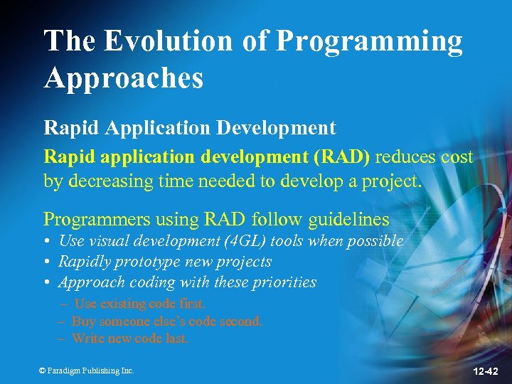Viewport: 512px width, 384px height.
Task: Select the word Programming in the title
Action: pos(368,41)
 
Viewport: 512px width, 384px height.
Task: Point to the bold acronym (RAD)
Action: pos(345,156)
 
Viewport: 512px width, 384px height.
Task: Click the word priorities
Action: pos(285,282)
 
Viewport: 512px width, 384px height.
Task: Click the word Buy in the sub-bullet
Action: pos(82,321)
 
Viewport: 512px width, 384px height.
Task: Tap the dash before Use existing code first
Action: pos(63,304)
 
